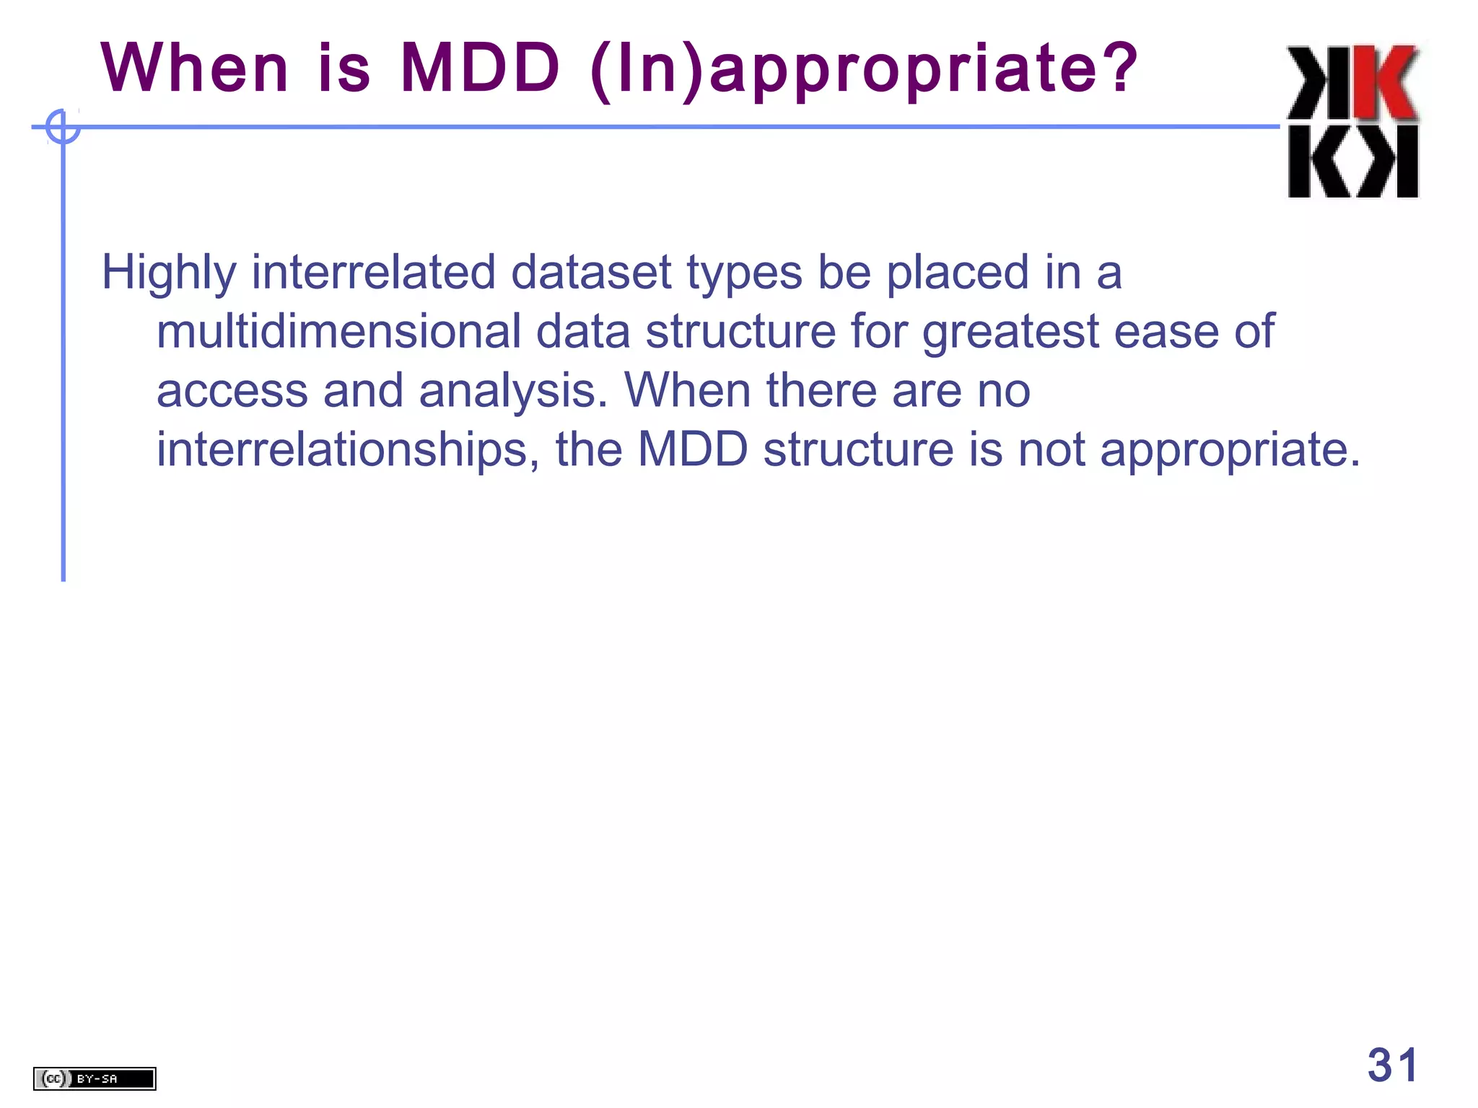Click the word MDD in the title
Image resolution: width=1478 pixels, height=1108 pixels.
pyautogui.click(x=480, y=69)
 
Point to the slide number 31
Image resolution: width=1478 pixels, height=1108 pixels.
pyautogui.click(x=1392, y=1065)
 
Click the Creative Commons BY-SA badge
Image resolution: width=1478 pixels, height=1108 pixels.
pyautogui.click(x=94, y=1078)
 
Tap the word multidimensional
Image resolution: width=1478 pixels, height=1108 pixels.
pyautogui.click(x=338, y=332)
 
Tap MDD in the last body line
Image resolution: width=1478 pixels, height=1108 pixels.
pyautogui.click(x=693, y=449)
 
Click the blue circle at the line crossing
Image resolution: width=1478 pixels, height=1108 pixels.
pyautogui.click(x=63, y=127)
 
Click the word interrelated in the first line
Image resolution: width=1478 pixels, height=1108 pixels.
pyautogui.click(x=373, y=273)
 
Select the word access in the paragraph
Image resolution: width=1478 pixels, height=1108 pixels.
pyautogui.click(x=232, y=392)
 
